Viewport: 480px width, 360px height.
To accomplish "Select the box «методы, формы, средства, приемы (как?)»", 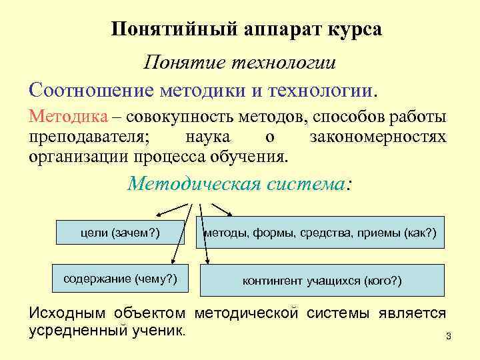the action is pyautogui.click(x=320, y=233).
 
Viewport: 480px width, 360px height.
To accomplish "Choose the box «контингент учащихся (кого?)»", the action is pyautogui.click(x=321, y=280).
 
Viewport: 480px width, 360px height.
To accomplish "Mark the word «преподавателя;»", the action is pyautogui.click(x=90, y=138).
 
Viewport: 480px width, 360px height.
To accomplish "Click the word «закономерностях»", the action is pyautogui.click(x=377, y=138).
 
